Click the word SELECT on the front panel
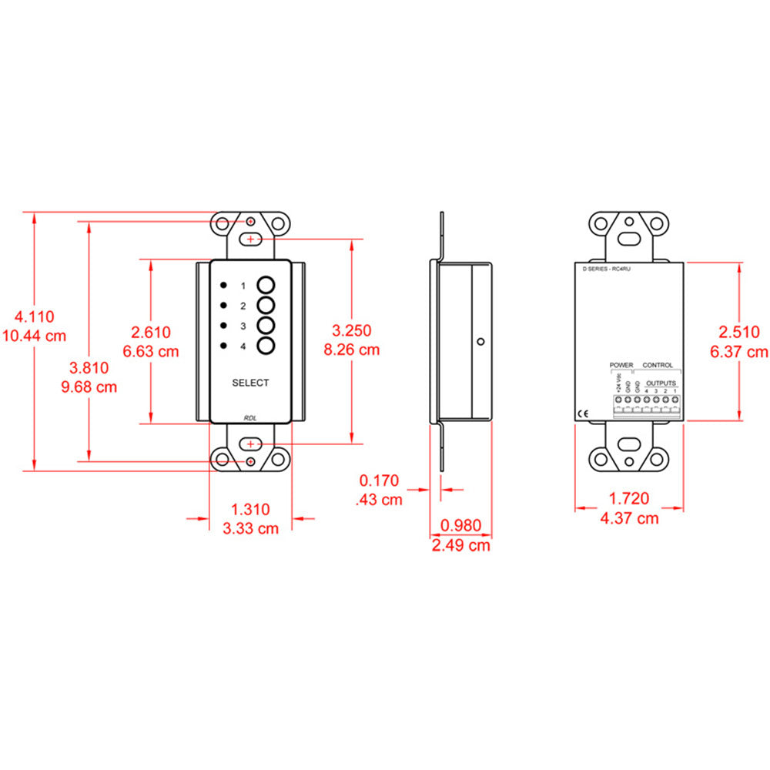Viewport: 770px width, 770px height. click(250, 383)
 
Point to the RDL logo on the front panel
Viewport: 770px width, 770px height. click(250, 417)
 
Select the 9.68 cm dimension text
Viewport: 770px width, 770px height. click(89, 387)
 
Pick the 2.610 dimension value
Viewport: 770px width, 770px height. click(151, 332)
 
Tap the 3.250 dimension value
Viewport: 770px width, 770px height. click(351, 330)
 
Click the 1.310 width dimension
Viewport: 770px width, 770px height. click(250, 508)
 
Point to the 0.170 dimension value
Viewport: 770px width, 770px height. click(380, 481)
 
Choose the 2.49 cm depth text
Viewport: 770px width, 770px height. click(460, 545)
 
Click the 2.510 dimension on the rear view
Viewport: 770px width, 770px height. click(739, 332)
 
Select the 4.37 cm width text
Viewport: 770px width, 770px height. click(629, 518)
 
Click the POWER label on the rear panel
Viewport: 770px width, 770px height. click(621, 365)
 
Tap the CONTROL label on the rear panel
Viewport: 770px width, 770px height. click(657, 365)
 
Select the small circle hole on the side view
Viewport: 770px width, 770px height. click(480, 341)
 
